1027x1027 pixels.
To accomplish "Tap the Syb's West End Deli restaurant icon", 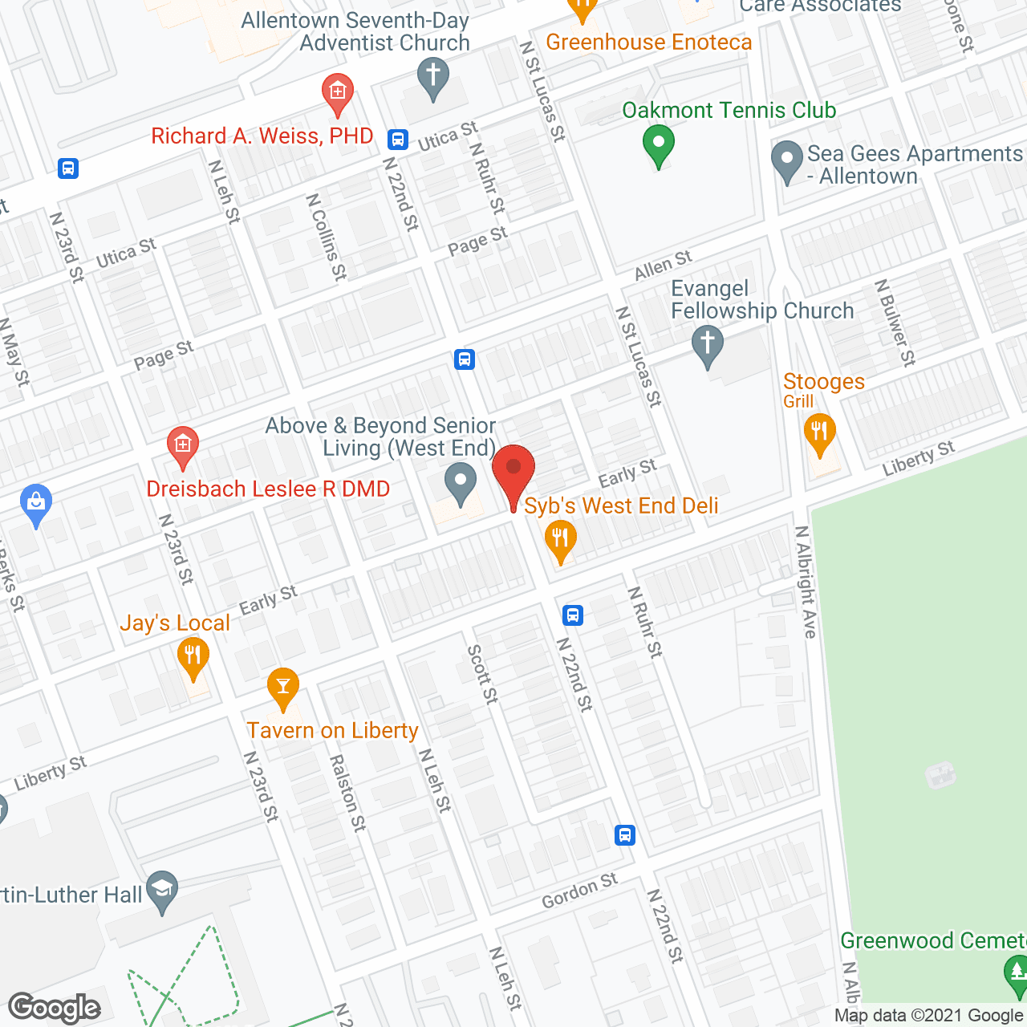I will [560, 539].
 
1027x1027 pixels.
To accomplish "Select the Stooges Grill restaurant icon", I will [819, 433].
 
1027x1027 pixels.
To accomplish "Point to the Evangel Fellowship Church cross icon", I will [707, 344].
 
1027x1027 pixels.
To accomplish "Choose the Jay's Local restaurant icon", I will [193, 656].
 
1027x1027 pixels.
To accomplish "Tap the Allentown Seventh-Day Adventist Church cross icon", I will [433, 78].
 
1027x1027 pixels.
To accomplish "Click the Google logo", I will [55, 1008].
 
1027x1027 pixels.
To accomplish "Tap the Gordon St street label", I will [579, 891].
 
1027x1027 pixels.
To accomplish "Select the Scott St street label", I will [483, 674].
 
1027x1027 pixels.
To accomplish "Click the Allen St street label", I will [663, 265].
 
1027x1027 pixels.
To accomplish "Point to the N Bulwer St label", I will [895, 323].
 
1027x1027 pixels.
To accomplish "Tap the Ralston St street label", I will [348, 793].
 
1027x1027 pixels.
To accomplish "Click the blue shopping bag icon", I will [35, 503].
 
